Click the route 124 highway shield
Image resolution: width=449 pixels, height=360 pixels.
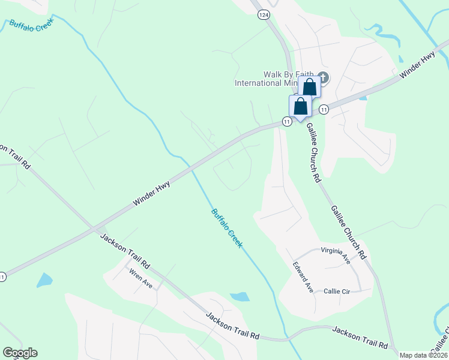point(263,15)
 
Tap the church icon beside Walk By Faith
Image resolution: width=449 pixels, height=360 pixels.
point(323,77)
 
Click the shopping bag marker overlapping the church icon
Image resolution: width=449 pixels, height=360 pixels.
point(309,87)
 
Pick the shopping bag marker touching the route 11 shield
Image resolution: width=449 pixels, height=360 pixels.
point(301,107)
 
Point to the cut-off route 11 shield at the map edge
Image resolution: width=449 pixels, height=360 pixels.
point(3,277)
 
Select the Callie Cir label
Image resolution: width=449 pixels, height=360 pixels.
point(336,292)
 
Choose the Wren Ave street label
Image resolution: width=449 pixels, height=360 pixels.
point(141,278)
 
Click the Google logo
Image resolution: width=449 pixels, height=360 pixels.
point(20,353)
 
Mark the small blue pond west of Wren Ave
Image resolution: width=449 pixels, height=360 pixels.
point(44,280)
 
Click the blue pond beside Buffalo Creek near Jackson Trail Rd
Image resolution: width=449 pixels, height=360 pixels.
point(240,296)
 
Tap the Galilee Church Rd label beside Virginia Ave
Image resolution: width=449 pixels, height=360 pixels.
point(348,232)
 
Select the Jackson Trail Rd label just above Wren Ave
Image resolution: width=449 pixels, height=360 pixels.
point(125,251)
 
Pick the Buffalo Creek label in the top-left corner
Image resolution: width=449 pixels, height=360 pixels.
point(31,23)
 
